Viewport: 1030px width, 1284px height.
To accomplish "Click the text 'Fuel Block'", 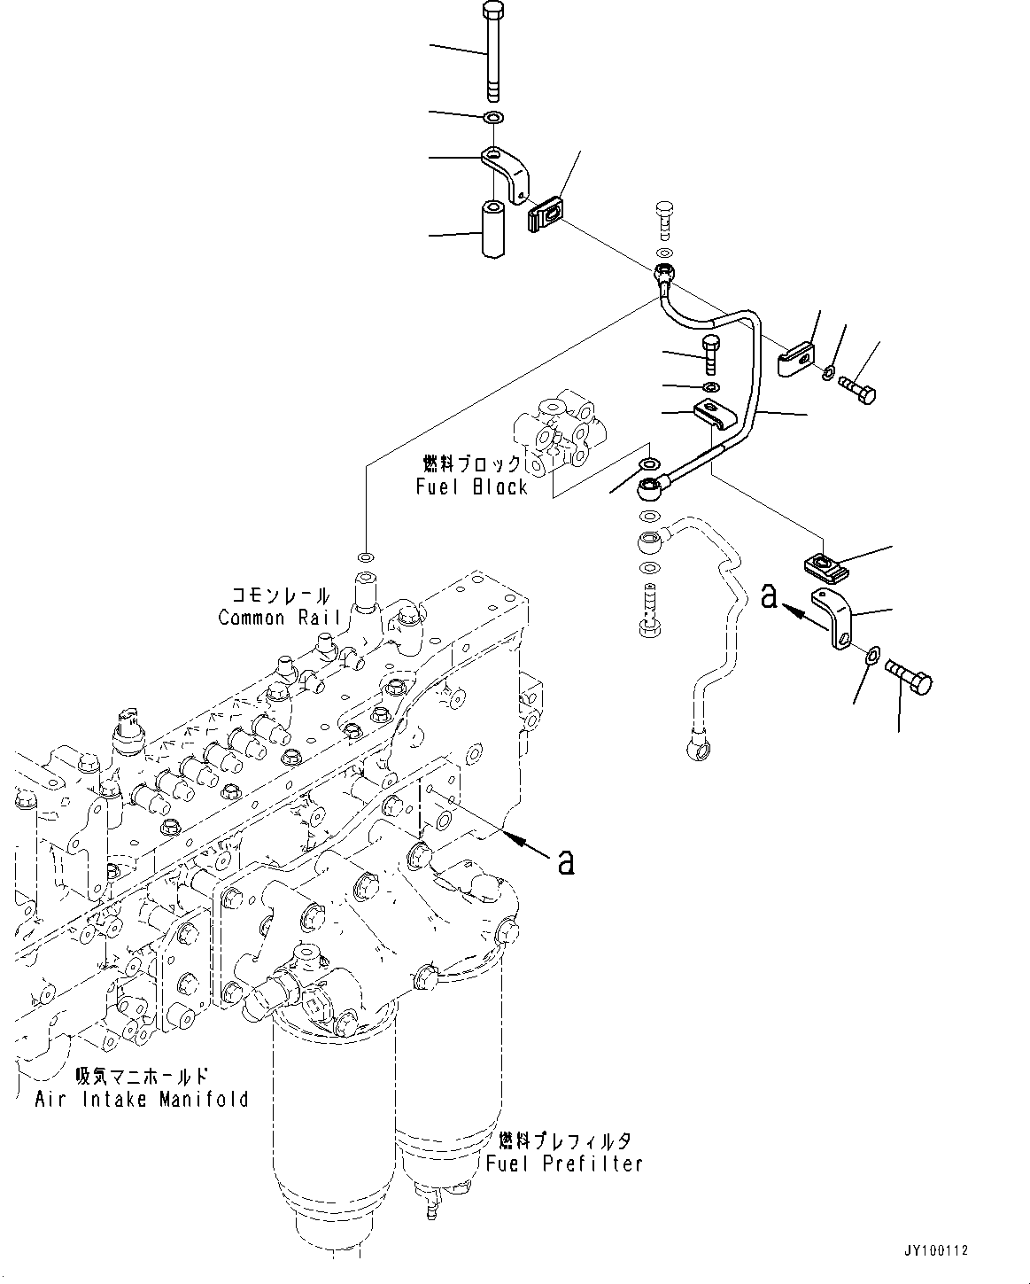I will tap(472, 486).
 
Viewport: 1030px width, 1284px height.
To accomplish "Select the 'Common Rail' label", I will tap(274, 617).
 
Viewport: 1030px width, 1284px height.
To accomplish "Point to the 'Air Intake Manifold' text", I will tap(142, 1099).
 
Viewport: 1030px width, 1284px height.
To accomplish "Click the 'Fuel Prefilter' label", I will tap(564, 1163).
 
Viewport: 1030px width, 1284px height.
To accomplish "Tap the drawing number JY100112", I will tap(938, 1251).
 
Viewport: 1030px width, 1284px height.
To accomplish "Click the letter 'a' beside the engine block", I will tap(566, 860).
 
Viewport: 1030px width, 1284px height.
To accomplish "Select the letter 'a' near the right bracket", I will tap(769, 597).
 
